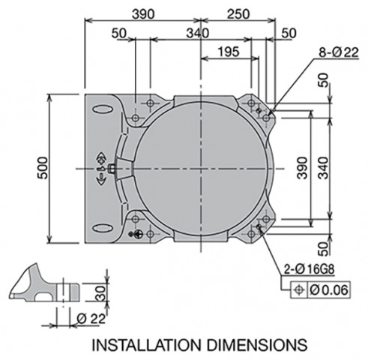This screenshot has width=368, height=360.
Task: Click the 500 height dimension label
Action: pos(43,168)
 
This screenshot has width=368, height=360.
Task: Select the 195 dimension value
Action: pos(229,52)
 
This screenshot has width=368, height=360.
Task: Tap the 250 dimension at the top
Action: pos(238,14)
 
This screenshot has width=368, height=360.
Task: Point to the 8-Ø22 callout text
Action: pos(339,52)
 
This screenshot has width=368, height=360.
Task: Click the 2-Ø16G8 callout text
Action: pos(309,270)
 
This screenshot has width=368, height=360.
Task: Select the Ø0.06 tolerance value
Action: pos(329,290)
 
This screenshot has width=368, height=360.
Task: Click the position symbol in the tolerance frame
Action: pos(298,290)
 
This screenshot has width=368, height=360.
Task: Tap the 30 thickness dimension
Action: pos(101,292)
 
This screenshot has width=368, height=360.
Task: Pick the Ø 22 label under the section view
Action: pos(91,319)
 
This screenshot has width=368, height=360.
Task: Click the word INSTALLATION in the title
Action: pos(147,345)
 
